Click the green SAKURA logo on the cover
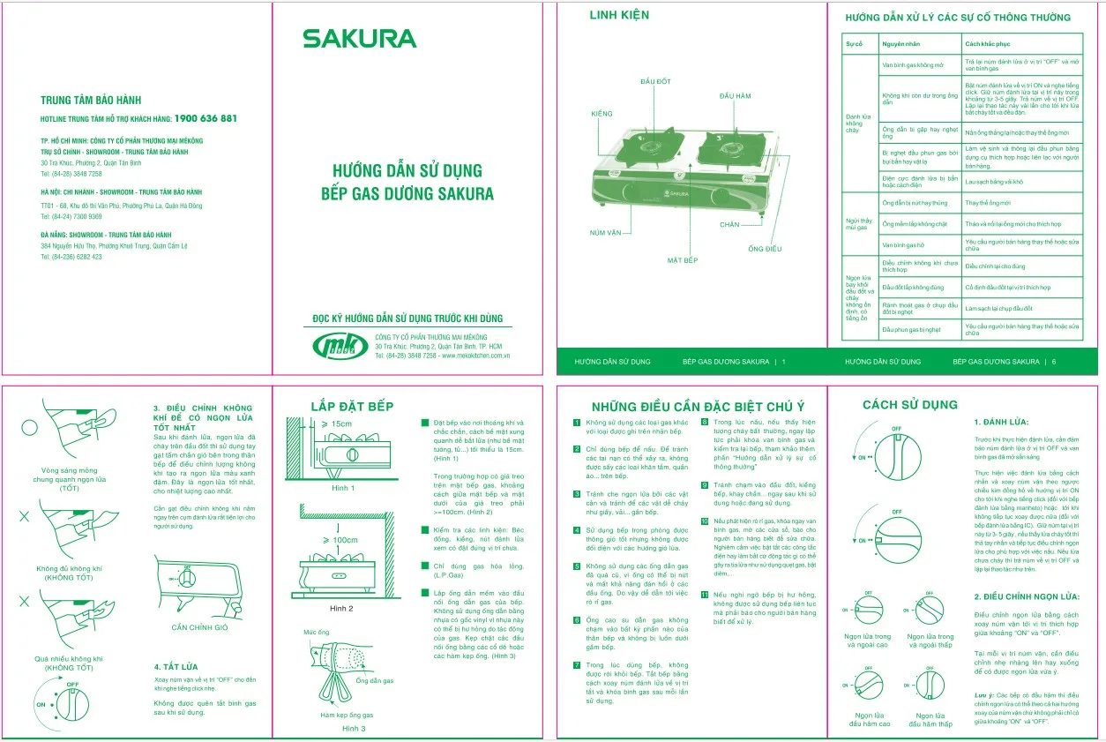(x=359, y=39)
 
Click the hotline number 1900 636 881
(x=206, y=118)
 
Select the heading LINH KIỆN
(x=619, y=15)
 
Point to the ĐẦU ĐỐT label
(x=655, y=81)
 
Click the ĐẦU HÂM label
(x=735, y=95)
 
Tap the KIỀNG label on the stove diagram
(x=602, y=115)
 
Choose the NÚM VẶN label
(x=606, y=232)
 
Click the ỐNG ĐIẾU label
(x=765, y=249)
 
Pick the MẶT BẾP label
(x=682, y=260)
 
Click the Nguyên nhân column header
(x=902, y=43)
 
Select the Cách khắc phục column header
(x=986, y=43)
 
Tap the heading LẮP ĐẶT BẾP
(x=352, y=406)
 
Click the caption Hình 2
(x=341, y=609)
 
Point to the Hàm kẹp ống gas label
(x=347, y=715)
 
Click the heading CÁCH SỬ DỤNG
(x=909, y=405)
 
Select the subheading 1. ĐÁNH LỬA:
(x=1000, y=423)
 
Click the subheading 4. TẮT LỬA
(x=176, y=666)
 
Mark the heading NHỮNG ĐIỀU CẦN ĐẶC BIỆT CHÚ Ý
(x=698, y=406)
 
